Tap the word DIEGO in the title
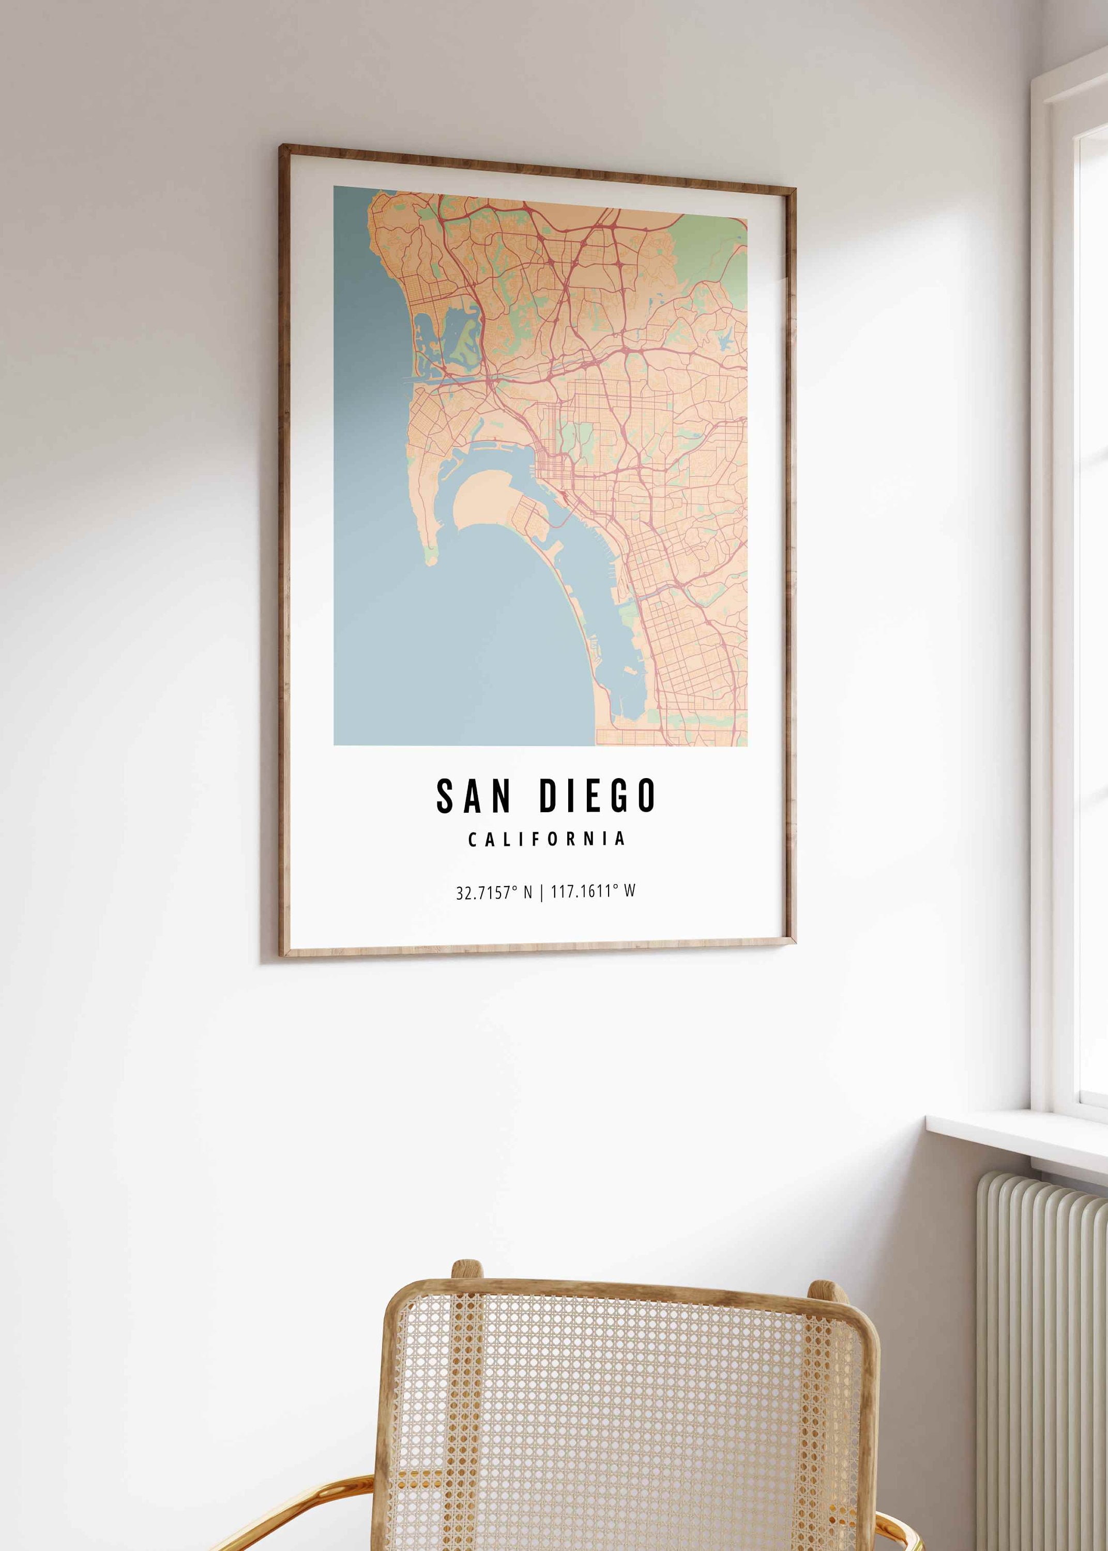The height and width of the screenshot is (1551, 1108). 598,795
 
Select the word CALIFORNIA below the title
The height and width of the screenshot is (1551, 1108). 547,839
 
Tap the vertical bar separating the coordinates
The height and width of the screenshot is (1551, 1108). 542,892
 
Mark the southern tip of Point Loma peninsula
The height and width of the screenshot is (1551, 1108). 430,560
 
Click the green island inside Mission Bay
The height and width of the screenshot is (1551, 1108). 464,339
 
